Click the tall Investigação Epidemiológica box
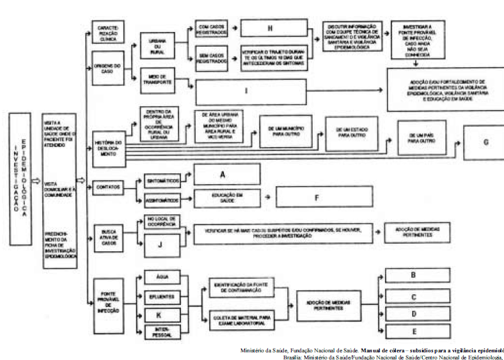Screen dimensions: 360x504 click(20, 181)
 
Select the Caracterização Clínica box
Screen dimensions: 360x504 click(107, 31)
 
